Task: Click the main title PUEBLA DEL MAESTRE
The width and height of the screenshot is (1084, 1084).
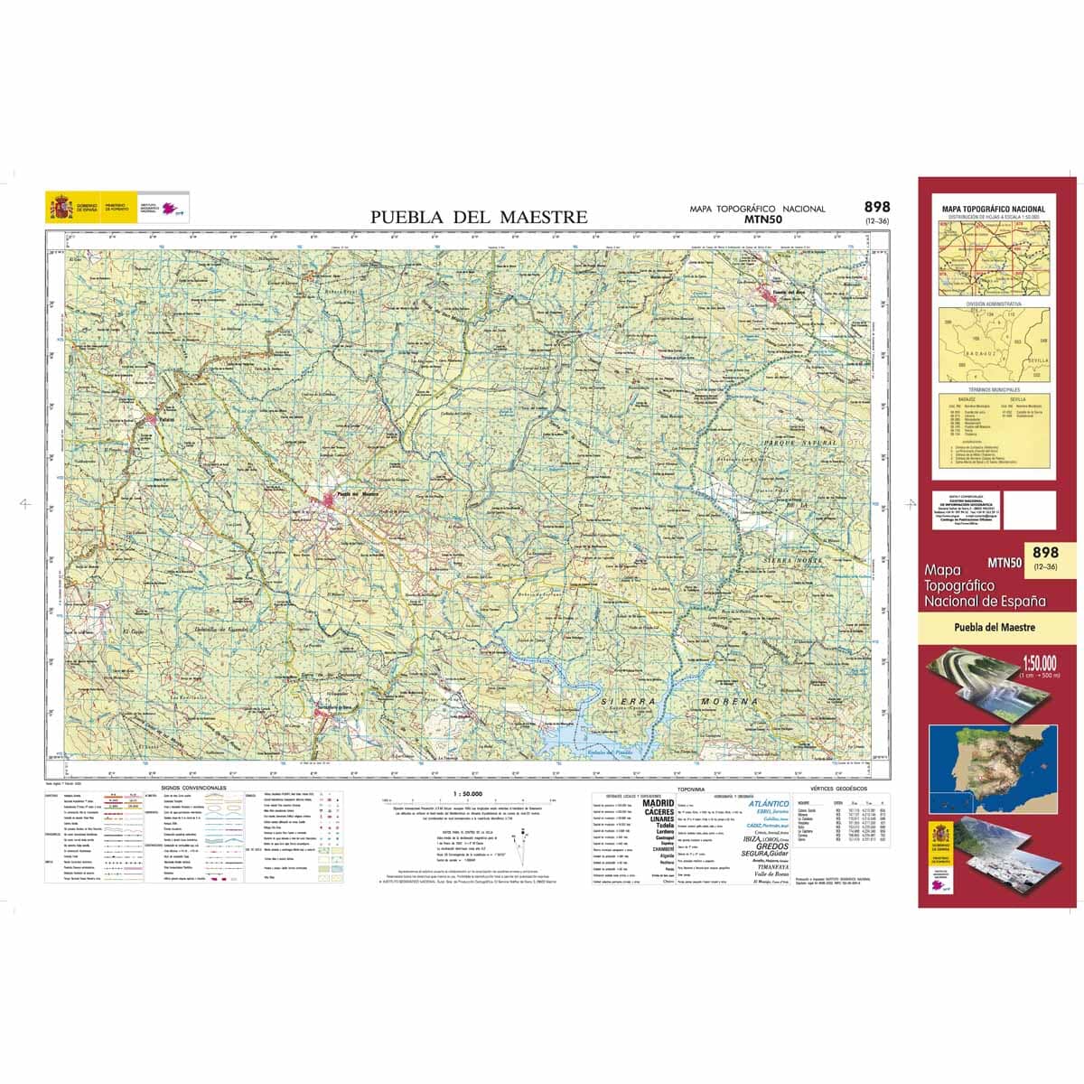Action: (x=479, y=217)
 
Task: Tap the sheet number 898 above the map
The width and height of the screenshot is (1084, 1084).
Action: (x=876, y=207)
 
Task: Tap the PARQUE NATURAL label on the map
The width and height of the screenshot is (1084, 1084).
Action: (x=800, y=444)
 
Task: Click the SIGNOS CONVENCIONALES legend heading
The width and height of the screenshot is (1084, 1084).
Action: (x=193, y=788)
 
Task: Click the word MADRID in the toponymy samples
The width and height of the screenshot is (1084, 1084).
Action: (x=658, y=802)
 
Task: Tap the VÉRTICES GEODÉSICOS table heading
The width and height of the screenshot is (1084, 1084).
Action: (x=839, y=789)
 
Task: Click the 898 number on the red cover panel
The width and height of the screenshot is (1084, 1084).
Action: (x=1045, y=552)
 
